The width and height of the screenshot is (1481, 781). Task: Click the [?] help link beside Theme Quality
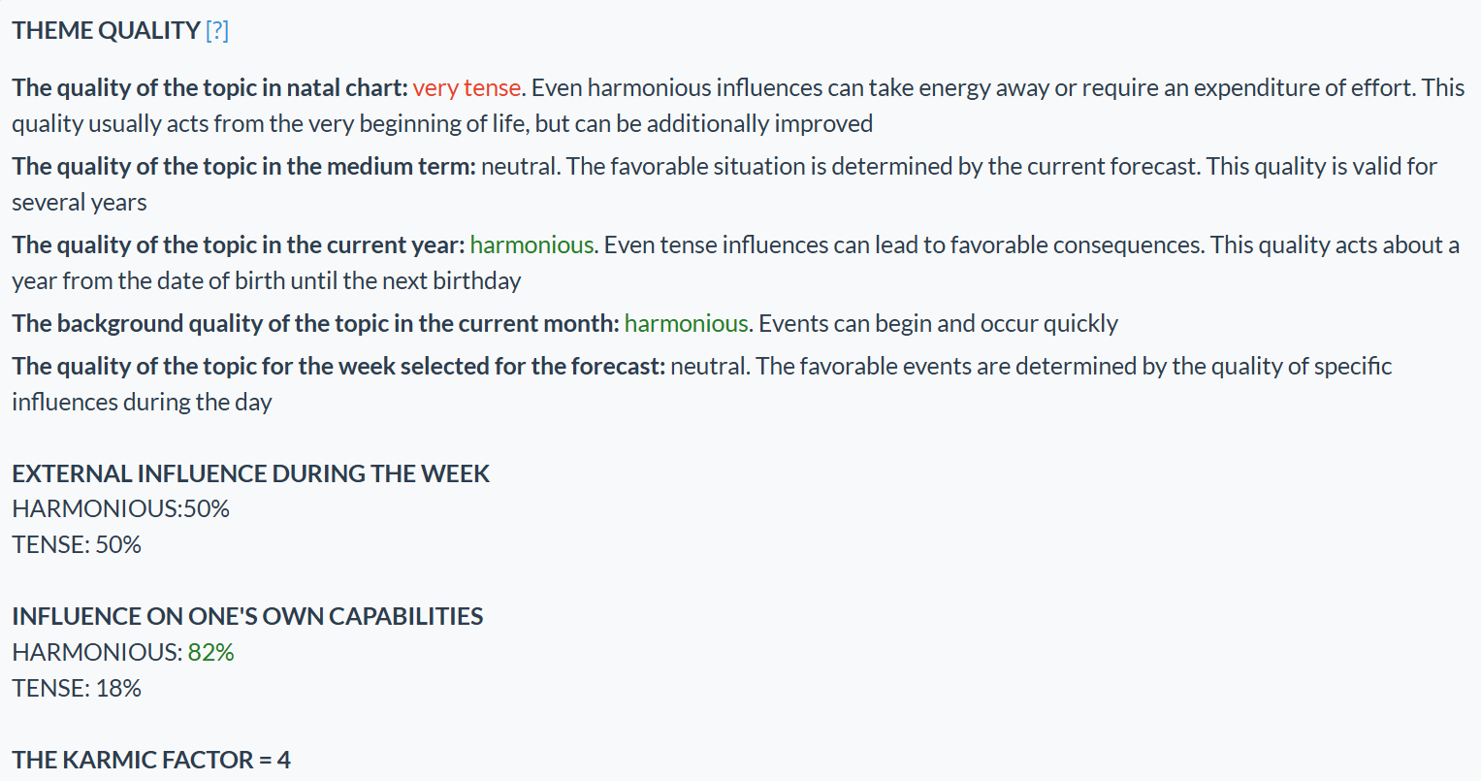point(217,31)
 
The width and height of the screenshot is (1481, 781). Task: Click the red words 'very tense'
point(467,88)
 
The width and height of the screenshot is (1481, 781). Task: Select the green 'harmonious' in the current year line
point(531,245)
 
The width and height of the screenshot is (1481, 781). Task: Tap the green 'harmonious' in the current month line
point(686,324)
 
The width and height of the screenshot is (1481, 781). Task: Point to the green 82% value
point(211,653)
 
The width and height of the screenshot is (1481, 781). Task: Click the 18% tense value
point(118,689)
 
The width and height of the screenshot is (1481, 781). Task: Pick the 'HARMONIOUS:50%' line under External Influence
point(120,509)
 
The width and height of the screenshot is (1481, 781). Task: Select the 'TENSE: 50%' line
point(77,545)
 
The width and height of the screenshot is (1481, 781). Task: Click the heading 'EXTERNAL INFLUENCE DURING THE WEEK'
point(250,474)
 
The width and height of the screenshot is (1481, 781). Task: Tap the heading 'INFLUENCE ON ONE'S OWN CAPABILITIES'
point(247,617)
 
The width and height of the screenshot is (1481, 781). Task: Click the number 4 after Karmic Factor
point(283,761)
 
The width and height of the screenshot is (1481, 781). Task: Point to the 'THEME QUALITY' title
point(106,31)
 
